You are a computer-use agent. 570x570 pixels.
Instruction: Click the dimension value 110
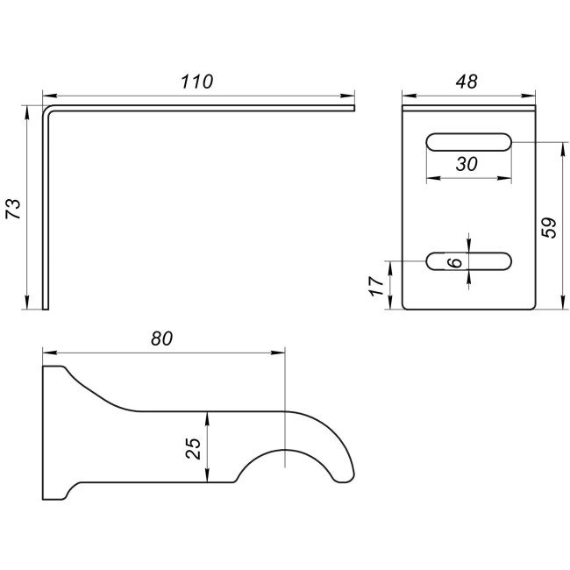pyautogui.click(x=196, y=82)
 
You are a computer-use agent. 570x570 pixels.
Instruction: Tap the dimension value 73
pyautogui.click(x=14, y=209)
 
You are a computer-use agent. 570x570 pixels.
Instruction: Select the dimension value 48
pyautogui.click(x=467, y=82)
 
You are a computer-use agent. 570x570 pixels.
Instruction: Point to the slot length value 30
pyautogui.click(x=467, y=164)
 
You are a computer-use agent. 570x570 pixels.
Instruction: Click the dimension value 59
pyautogui.click(x=549, y=228)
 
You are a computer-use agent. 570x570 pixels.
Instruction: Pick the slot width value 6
pyautogui.click(x=455, y=261)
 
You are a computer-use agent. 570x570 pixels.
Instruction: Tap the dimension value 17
pyautogui.click(x=377, y=286)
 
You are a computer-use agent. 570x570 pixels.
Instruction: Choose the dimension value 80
pyautogui.click(x=161, y=338)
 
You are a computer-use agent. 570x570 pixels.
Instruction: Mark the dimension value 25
pyautogui.click(x=193, y=448)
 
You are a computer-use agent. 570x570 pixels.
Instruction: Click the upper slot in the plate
pyautogui.click(x=469, y=142)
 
